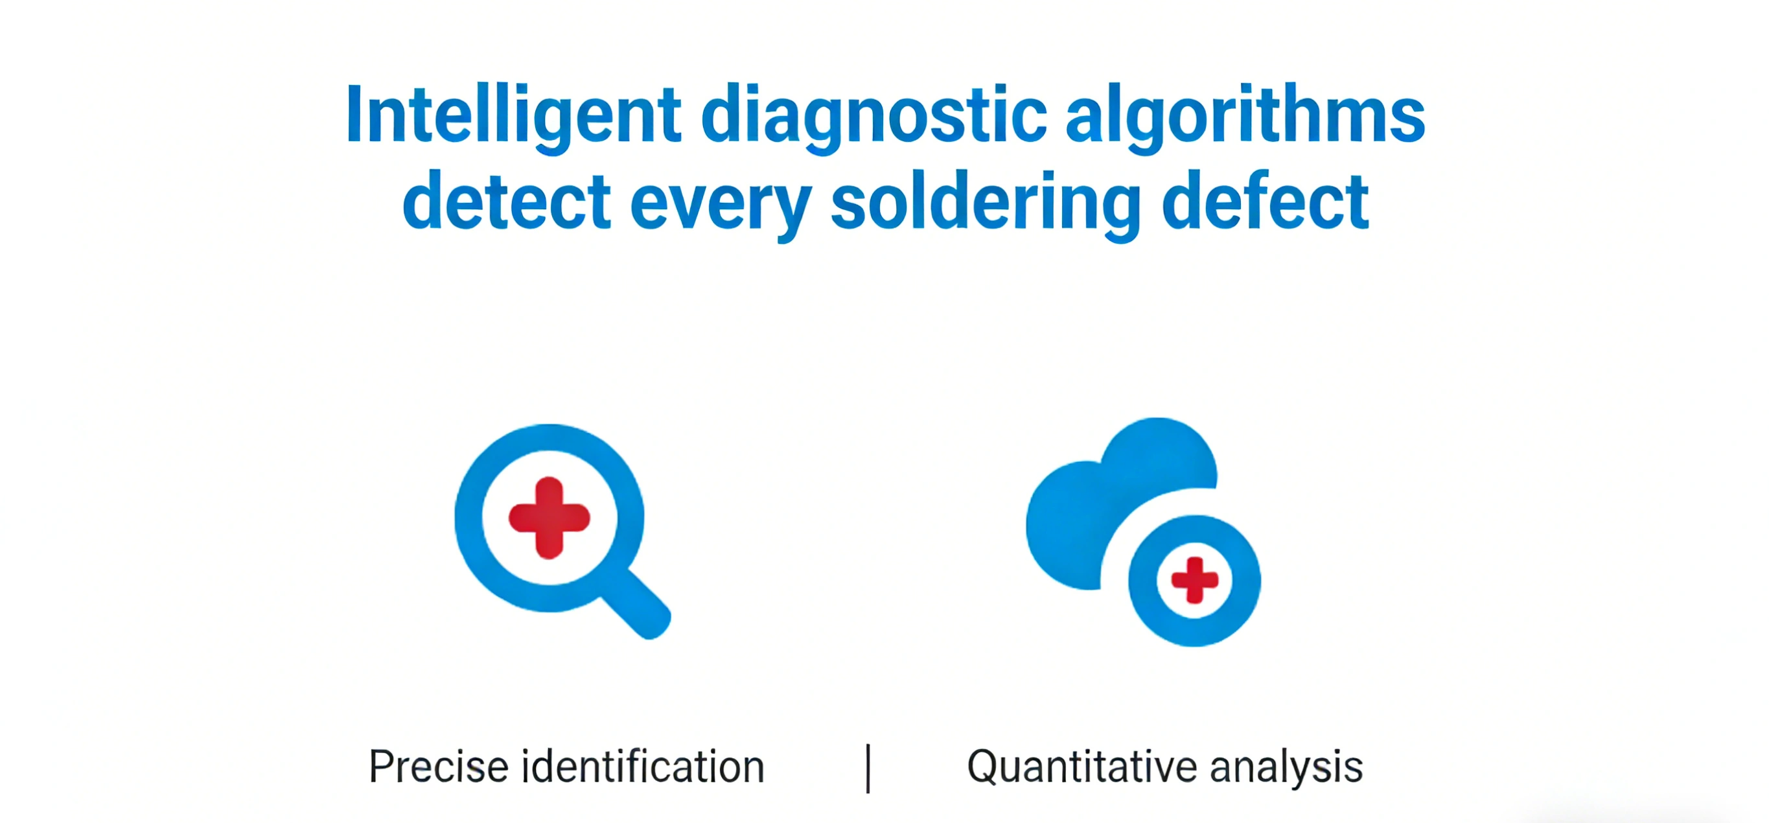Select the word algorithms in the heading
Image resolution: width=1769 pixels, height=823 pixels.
[x=1245, y=116]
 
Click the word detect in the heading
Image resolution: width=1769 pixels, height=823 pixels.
[x=506, y=202]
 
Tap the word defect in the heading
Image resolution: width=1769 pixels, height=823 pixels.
[x=1265, y=201]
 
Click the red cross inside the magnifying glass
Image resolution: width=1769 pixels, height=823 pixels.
[x=549, y=517]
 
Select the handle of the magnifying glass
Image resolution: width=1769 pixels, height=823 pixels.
[x=635, y=604]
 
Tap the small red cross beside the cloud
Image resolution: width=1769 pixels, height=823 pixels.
[x=1195, y=581]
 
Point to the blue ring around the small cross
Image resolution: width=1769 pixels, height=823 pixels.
[x=1142, y=581]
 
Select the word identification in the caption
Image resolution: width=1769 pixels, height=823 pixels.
[x=643, y=767]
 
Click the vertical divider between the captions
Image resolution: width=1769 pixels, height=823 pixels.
[x=869, y=768]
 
